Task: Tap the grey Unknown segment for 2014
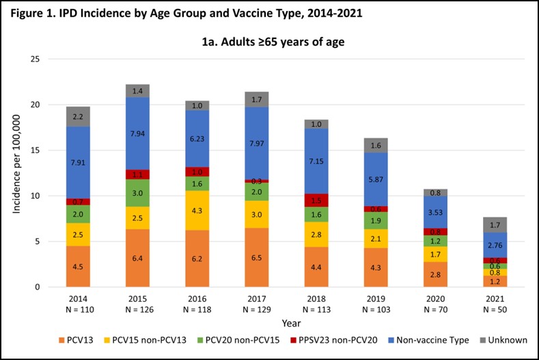(x=78, y=117)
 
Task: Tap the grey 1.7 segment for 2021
(x=494, y=225)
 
